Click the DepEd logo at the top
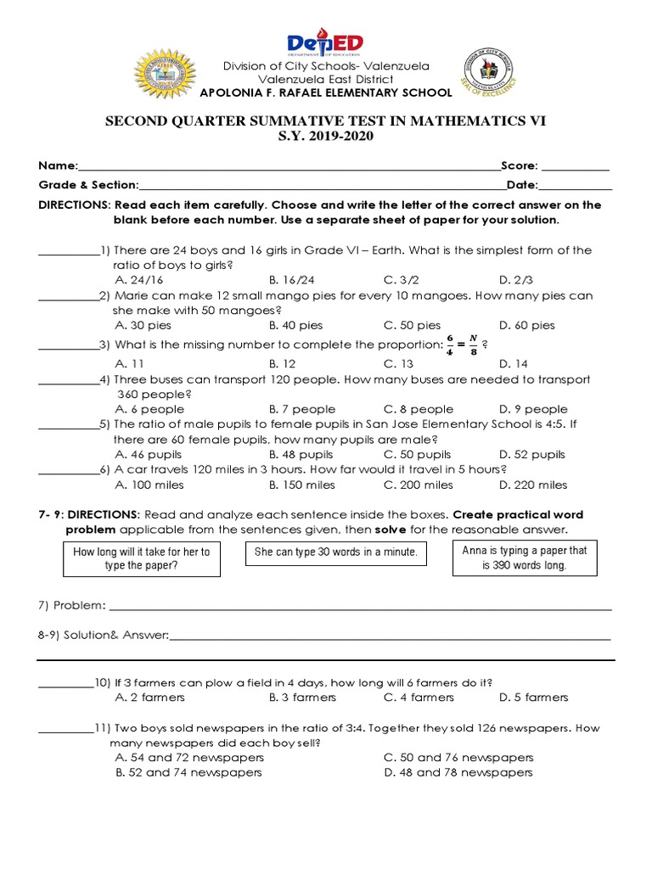coord(325,43)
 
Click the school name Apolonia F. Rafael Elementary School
coord(326,93)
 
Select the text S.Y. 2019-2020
coord(326,137)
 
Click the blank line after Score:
coord(576,166)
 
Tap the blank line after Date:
coord(575,185)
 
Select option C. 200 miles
coord(419,485)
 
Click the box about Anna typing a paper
coord(524,558)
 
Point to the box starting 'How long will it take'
coord(142,558)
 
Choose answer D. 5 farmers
coord(534,698)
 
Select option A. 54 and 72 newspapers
coord(189,757)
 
